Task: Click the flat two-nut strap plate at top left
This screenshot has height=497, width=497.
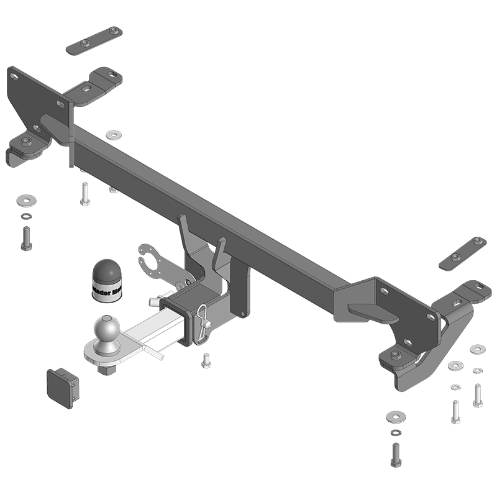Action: [x=94, y=41]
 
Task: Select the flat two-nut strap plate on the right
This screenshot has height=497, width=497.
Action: [x=463, y=253]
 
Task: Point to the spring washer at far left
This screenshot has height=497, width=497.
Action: [x=26, y=216]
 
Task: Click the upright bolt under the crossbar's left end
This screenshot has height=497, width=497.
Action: [x=85, y=194]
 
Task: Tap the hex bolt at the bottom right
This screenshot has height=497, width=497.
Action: [x=395, y=456]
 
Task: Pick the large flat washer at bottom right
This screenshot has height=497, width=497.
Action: [x=394, y=415]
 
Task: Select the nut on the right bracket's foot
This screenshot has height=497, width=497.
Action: [x=395, y=355]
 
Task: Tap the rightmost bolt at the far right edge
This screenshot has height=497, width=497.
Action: [x=477, y=394]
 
